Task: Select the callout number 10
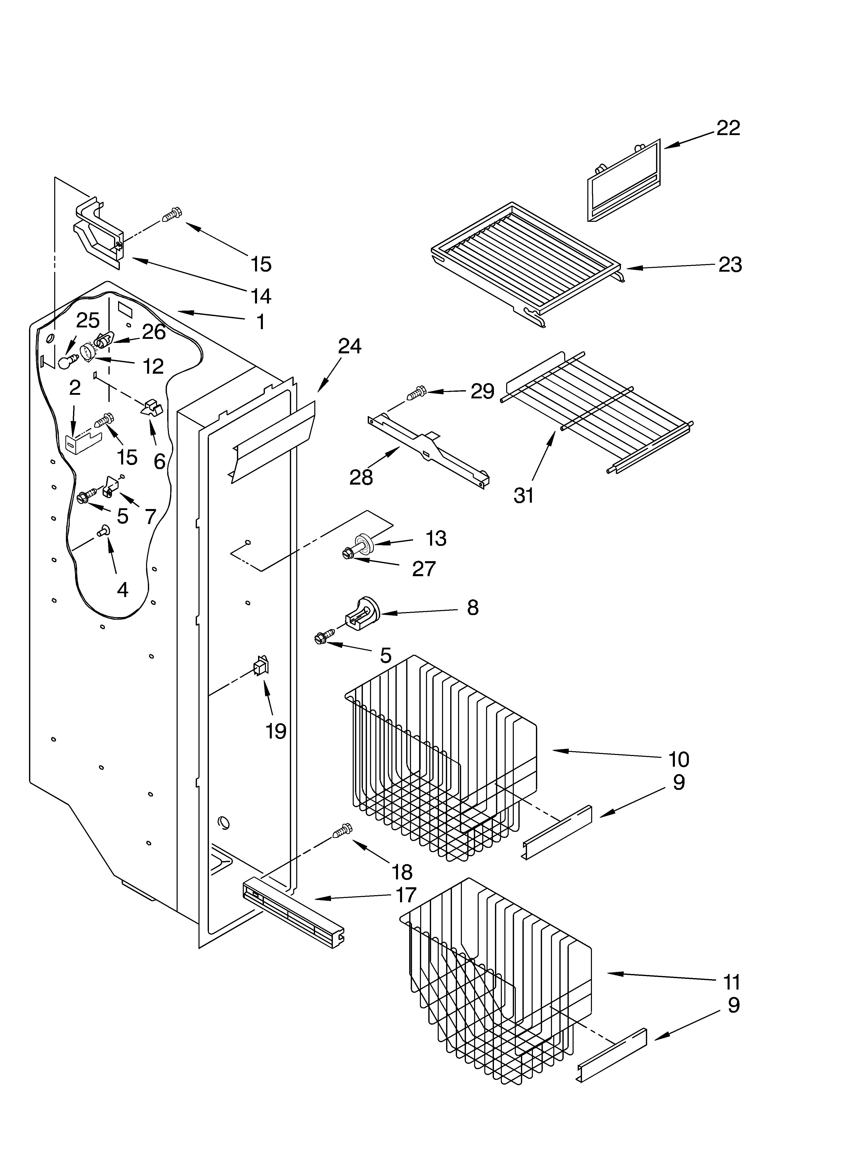coord(678,760)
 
